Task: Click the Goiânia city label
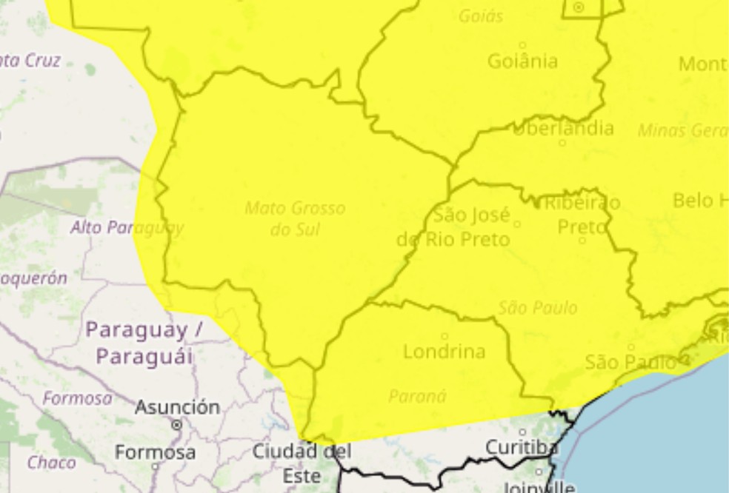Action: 522,61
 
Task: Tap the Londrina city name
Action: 444,352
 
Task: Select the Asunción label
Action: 177,406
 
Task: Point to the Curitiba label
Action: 522,447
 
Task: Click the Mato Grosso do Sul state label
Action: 295,218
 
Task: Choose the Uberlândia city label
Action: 563,129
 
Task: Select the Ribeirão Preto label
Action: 582,214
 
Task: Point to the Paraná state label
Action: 417,396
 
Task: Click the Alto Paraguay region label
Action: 127,227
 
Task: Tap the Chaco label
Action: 52,463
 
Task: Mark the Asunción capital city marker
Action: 176,425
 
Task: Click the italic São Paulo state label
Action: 538,308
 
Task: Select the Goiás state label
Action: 481,16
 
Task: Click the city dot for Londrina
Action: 445,335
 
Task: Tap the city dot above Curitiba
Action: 522,432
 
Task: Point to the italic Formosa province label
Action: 78,398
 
